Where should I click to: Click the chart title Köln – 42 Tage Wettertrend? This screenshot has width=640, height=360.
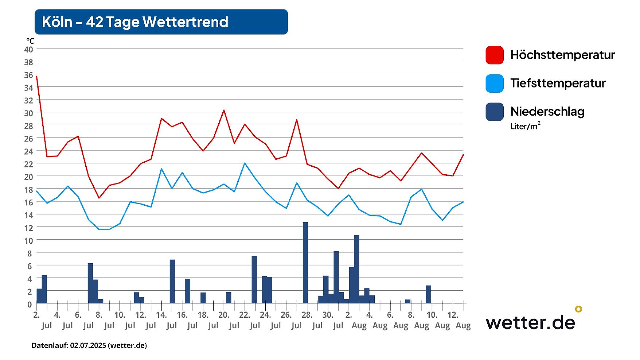click(135, 22)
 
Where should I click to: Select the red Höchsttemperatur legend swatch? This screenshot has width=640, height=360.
click(494, 55)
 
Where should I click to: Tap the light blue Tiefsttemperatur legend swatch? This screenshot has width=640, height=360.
click(494, 84)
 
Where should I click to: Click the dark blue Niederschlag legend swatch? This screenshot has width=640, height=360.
click(494, 112)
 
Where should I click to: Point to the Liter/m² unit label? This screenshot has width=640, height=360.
click(525, 126)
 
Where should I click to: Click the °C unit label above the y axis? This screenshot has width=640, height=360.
click(30, 41)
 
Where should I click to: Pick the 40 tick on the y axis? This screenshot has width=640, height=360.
click(28, 49)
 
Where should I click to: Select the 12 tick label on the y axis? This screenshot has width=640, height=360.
click(28, 228)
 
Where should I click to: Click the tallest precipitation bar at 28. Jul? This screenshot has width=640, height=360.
click(305, 263)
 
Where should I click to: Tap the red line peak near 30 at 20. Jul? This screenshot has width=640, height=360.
click(224, 110)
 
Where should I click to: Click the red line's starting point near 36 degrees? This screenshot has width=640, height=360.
click(37, 76)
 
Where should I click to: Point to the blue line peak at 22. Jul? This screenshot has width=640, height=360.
click(245, 163)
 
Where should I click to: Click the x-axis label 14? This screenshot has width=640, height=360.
click(161, 315)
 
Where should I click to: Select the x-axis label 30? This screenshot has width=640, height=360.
click(328, 315)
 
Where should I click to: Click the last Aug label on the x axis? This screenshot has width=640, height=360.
click(463, 325)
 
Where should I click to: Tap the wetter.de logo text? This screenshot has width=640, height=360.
click(530, 322)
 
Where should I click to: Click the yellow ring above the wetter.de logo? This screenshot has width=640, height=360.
click(578, 309)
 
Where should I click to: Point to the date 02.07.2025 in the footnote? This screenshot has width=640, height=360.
click(88, 345)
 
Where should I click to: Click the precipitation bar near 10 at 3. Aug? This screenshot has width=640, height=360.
click(356, 269)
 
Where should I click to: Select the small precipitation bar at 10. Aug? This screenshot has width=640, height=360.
click(428, 294)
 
